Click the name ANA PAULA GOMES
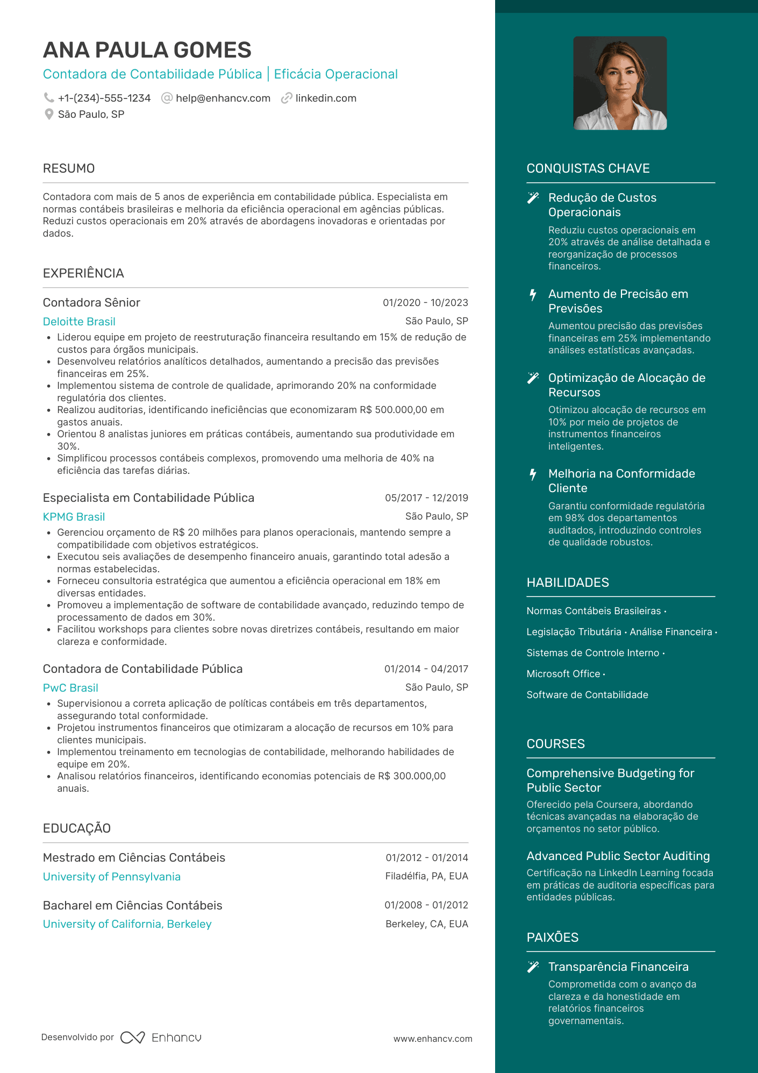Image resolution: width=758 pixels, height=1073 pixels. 147,50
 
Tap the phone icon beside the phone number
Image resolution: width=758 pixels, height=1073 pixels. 48,98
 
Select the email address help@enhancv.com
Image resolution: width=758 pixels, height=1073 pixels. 223,98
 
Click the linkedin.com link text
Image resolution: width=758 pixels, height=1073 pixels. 326,98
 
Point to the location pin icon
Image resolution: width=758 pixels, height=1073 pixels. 49,114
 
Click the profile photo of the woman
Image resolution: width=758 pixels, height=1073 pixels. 620,83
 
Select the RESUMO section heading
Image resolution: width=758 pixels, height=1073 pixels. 69,168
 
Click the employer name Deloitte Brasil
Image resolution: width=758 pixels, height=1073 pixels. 79,322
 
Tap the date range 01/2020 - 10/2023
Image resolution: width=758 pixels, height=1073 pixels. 425,303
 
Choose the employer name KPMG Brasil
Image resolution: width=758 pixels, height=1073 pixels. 74,517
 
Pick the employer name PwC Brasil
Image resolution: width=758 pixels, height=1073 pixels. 70,688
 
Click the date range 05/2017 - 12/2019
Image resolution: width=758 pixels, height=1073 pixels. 426,498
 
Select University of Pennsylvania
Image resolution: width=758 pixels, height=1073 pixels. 112,877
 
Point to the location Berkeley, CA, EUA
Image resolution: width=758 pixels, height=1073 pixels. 427,924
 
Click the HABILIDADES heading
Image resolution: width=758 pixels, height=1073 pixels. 568,582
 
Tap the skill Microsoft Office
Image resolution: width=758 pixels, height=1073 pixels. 563,674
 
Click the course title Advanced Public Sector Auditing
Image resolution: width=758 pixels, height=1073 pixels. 618,856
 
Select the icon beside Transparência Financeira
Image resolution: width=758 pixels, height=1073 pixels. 533,967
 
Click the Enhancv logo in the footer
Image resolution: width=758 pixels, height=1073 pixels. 161,1038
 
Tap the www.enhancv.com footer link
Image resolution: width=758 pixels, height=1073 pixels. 433,1039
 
